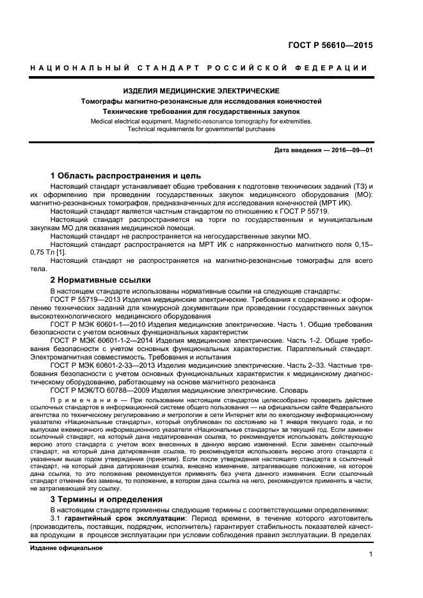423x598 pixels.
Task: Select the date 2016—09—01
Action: tap(351, 150)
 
